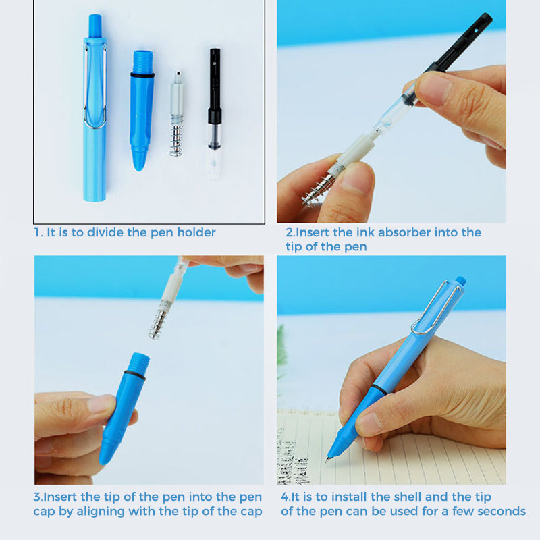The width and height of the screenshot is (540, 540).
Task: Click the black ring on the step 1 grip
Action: [x=142, y=75]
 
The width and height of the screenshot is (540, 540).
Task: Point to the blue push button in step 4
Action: [x=460, y=280]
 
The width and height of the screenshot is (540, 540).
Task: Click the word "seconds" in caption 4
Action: [x=501, y=512]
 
